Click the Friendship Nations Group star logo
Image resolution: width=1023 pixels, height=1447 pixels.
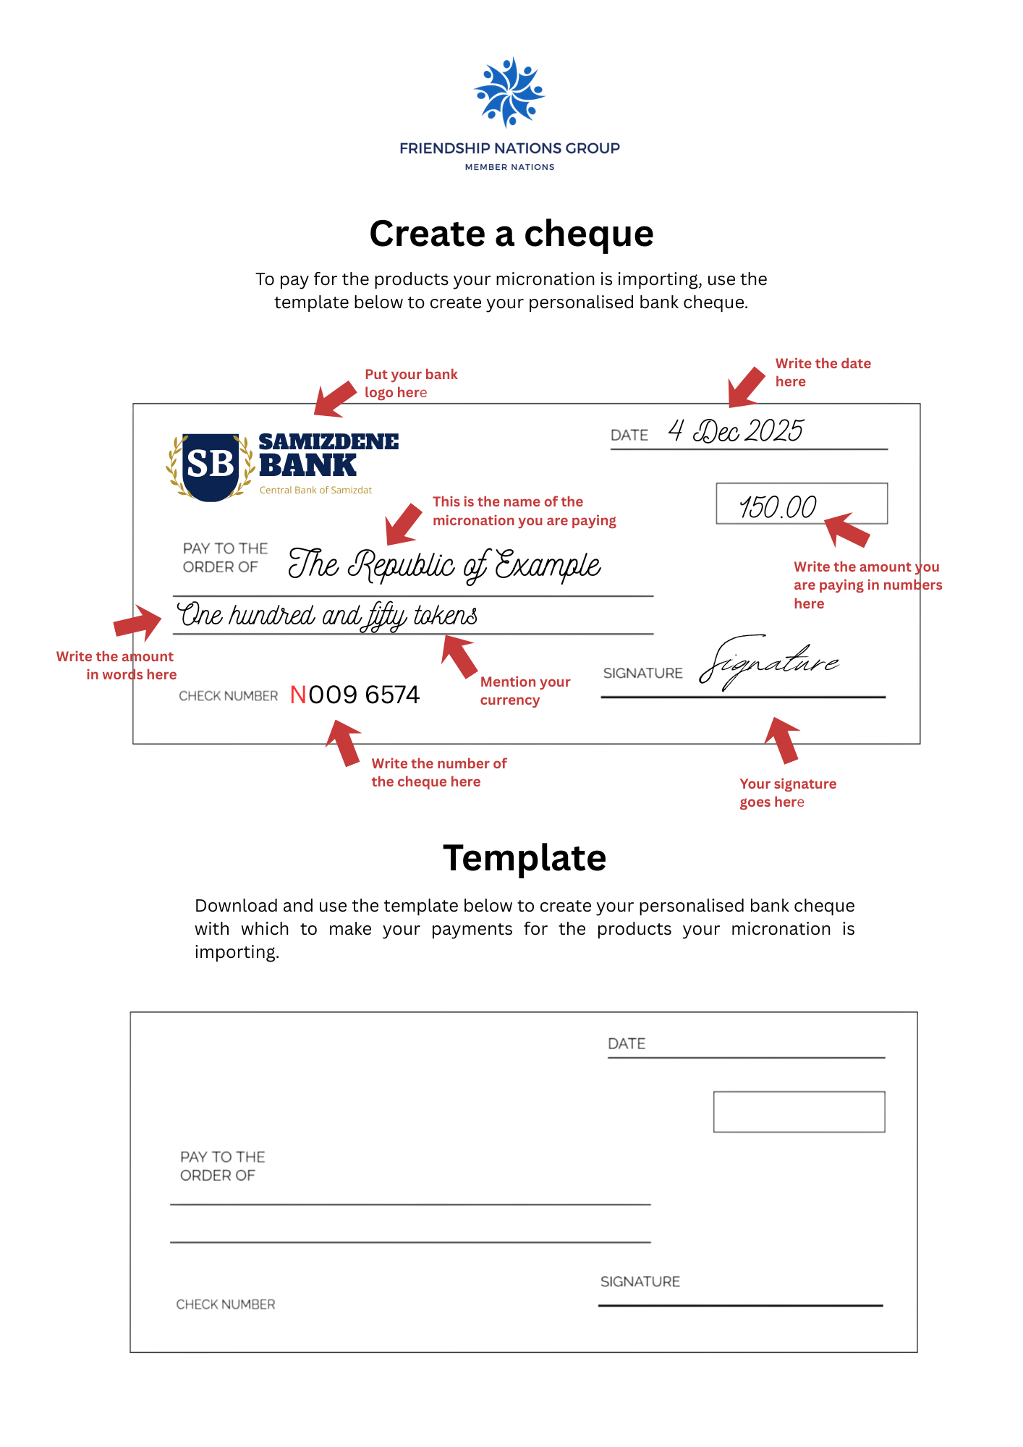pos(509,92)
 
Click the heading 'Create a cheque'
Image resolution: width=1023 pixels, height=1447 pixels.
pos(511,234)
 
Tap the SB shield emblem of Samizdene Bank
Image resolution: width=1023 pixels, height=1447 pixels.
pos(211,465)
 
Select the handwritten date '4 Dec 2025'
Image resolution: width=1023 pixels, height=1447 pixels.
pos(735,431)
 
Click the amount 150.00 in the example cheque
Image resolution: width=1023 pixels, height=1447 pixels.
pos(778,506)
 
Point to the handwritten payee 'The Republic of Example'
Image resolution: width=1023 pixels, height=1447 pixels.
pos(444,565)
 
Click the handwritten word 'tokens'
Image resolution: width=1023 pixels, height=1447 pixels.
pos(445,616)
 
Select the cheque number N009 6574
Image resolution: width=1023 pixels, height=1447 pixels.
pos(355,695)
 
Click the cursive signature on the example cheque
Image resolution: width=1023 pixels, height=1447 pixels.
pos(768,662)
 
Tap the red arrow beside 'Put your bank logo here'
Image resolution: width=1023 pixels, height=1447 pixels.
pos(334,399)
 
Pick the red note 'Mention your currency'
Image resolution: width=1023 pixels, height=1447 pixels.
pos(525,691)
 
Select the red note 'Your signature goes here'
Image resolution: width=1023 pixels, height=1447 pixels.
pos(787,793)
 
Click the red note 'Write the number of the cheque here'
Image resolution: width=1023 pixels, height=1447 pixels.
pos(438,773)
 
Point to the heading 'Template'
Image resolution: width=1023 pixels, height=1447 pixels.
pos(525,858)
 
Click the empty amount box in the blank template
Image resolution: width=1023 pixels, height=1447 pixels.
pos(799,1111)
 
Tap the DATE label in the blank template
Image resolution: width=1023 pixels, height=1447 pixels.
pos(627,1043)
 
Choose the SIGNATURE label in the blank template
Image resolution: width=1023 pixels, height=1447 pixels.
pos(640,1281)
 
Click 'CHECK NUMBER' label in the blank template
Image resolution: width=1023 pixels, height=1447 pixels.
pos(226,1304)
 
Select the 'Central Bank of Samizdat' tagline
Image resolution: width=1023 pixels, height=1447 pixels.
pos(315,491)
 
